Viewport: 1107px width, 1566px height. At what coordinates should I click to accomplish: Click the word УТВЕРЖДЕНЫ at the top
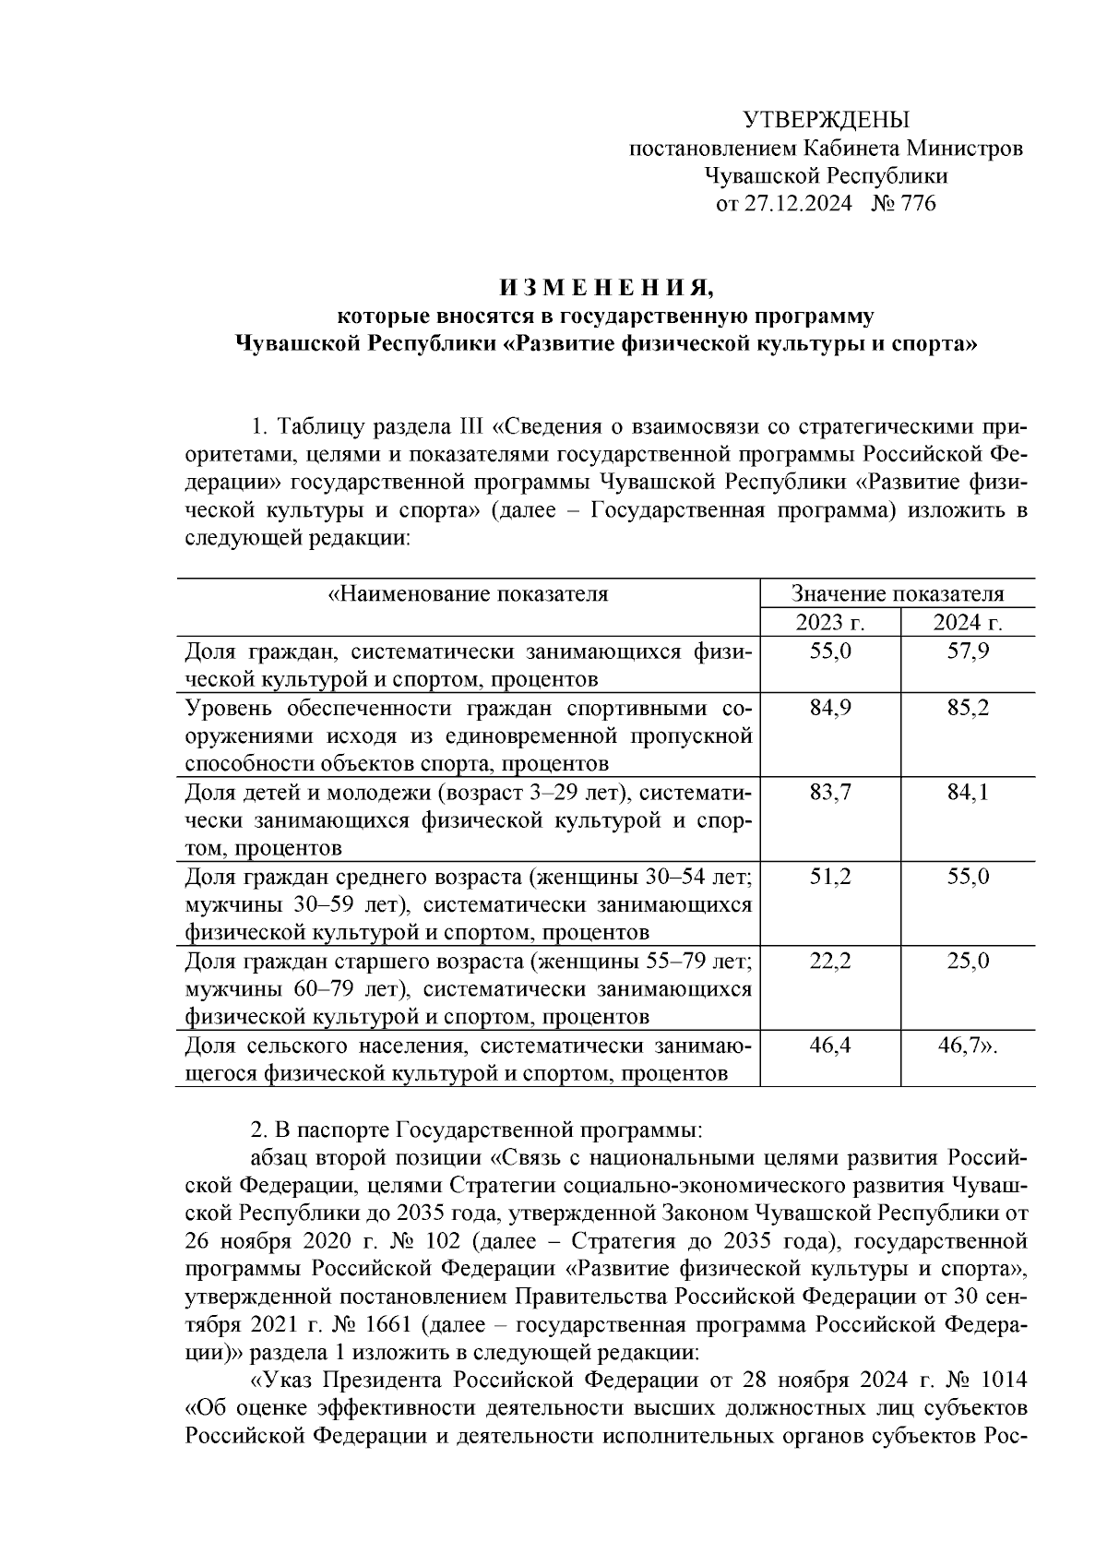click(x=826, y=120)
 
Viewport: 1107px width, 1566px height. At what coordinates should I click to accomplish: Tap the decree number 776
click(x=916, y=204)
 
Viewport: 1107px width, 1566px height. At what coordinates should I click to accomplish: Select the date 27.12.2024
click(x=798, y=204)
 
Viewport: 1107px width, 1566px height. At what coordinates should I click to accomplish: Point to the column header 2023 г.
click(x=829, y=623)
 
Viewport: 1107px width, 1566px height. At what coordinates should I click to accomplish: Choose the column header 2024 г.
click(x=968, y=623)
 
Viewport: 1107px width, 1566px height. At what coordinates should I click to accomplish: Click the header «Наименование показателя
click(x=468, y=594)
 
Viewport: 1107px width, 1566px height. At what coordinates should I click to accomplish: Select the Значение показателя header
click(x=898, y=594)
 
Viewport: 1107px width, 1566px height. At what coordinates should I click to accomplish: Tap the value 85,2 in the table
click(x=968, y=709)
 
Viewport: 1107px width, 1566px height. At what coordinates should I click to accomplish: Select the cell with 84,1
click(x=968, y=793)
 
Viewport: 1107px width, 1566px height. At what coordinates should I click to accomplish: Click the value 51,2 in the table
click(x=829, y=877)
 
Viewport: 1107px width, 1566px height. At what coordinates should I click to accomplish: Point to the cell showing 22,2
click(x=829, y=961)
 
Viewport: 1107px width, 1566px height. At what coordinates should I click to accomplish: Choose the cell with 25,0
click(x=968, y=961)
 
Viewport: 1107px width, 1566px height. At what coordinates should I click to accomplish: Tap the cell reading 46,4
click(x=829, y=1046)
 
